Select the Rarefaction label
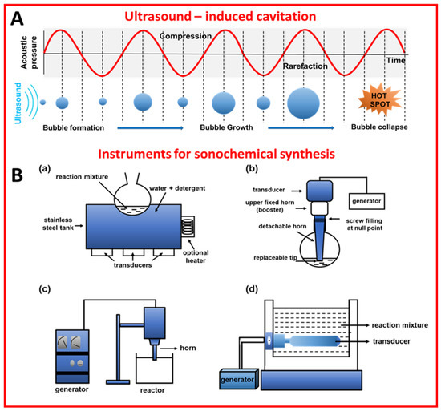click(315, 71)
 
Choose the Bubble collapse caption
click(387, 127)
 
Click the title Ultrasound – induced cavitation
click(229, 14)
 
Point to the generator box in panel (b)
click(368, 196)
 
